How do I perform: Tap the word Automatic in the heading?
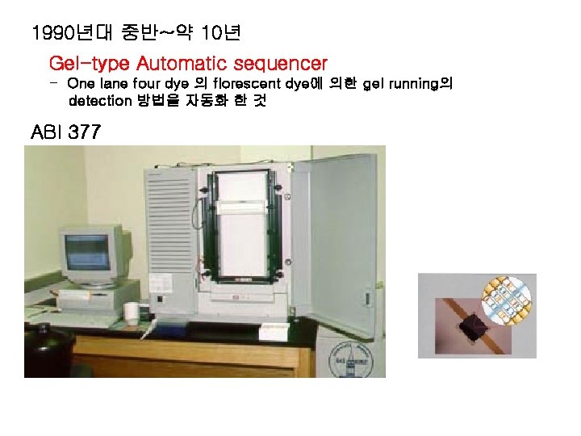(178, 63)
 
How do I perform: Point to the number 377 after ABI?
(85, 132)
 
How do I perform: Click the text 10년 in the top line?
(217, 34)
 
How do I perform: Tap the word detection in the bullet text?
(100, 101)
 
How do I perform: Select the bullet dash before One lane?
(53, 83)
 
